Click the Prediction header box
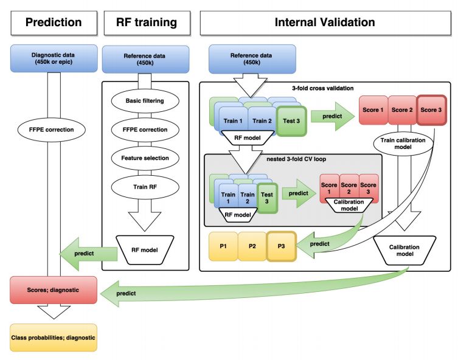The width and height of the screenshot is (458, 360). coord(53,22)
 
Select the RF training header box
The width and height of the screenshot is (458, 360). coord(146,22)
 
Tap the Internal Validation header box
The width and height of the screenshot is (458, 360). coord(325,22)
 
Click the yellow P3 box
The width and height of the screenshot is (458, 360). coord(280,246)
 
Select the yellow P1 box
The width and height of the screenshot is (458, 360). coord(224,246)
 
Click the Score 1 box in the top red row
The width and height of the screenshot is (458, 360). coord(373,110)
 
